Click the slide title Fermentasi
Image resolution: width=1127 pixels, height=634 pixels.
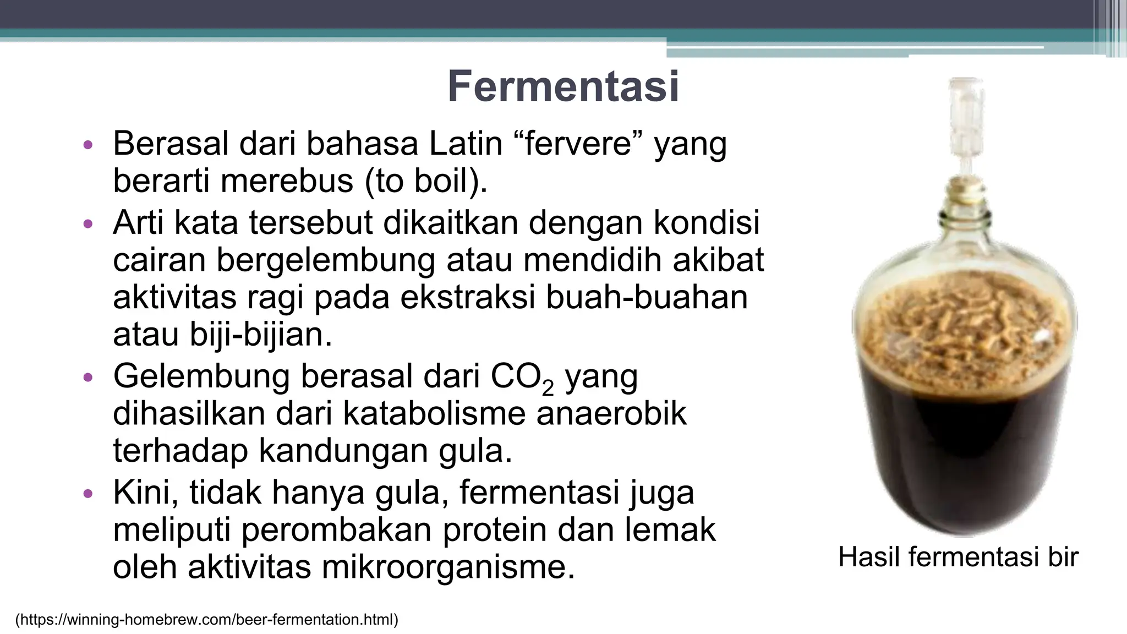(x=563, y=87)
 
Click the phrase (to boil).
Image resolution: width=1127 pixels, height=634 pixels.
(x=426, y=181)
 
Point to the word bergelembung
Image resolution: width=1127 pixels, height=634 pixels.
(x=325, y=260)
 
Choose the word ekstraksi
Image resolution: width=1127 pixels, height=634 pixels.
(x=467, y=298)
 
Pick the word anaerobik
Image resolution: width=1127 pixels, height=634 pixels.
(x=611, y=413)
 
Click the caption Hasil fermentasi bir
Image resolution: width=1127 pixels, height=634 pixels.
(x=958, y=557)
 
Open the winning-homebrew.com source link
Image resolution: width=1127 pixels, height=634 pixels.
(x=206, y=620)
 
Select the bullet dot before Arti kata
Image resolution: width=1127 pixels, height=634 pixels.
(x=87, y=225)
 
